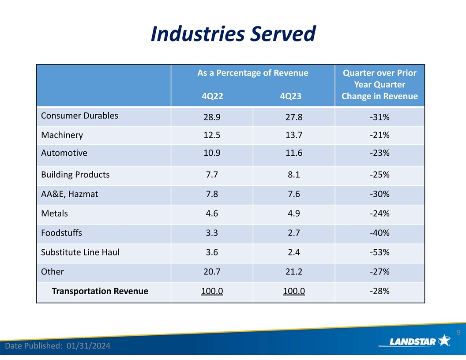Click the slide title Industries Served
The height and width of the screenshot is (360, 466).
233,34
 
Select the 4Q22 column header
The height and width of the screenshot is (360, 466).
212,96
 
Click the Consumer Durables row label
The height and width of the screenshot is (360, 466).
79,116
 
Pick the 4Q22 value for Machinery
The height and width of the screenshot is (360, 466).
212,135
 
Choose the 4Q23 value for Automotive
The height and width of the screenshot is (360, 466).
293,153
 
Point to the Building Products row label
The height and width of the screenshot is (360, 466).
75,174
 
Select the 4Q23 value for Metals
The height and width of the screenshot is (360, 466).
293,214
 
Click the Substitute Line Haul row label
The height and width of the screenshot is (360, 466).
80,252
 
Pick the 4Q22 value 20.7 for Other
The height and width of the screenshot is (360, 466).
212,272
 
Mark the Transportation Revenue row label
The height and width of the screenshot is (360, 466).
100,291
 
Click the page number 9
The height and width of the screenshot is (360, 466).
458,332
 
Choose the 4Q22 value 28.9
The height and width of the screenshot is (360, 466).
212,118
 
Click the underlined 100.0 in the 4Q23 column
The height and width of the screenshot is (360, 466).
293,291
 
